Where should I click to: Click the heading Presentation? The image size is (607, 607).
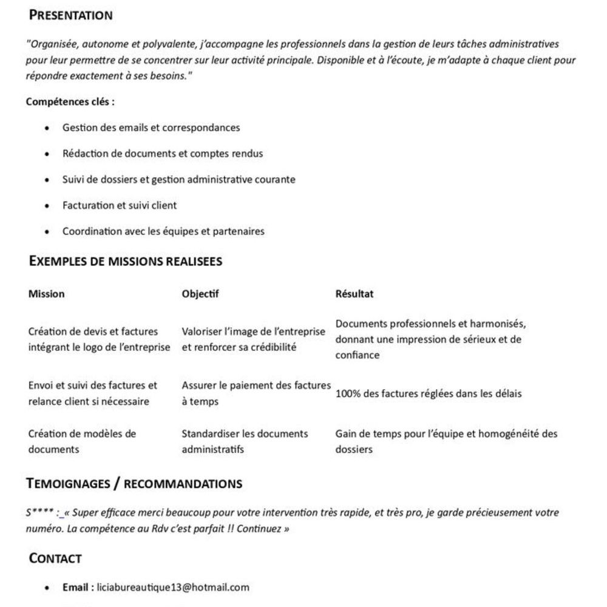(x=71, y=15)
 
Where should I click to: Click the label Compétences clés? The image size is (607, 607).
(x=70, y=101)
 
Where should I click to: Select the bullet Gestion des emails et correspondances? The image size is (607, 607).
(x=151, y=127)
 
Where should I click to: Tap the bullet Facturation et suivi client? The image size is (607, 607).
(x=120, y=205)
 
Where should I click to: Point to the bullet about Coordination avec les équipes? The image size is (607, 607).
(x=163, y=231)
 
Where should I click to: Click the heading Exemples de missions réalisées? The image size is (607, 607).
(x=126, y=262)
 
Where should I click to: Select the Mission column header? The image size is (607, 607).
(x=46, y=294)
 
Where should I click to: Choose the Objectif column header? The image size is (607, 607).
(x=200, y=294)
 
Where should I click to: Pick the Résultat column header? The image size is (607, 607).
(x=354, y=294)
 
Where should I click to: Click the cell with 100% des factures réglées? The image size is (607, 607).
(x=429, y=393)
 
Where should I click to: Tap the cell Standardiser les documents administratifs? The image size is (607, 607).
(x=245, y=441)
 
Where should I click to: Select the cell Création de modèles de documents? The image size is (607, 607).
(x=82, y=441)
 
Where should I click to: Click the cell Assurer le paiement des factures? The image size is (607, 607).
(x=256, y=393)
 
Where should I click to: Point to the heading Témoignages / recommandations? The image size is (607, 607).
(x=134, y=484)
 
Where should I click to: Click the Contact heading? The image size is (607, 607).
(x=55, y=558)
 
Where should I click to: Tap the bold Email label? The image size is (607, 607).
(x=78, y=587)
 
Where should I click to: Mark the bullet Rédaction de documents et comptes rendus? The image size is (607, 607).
(x=163, y=154)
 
